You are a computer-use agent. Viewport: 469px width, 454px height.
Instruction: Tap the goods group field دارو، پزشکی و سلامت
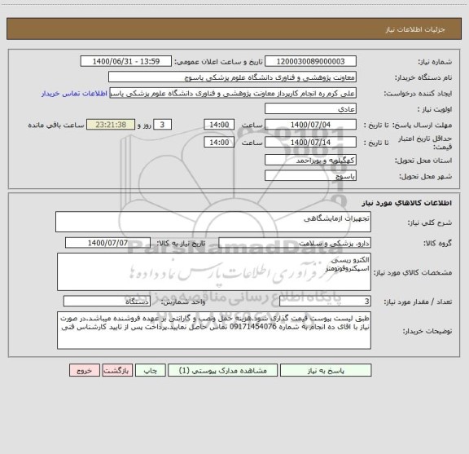pyautogui.click(x=295, y=243)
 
